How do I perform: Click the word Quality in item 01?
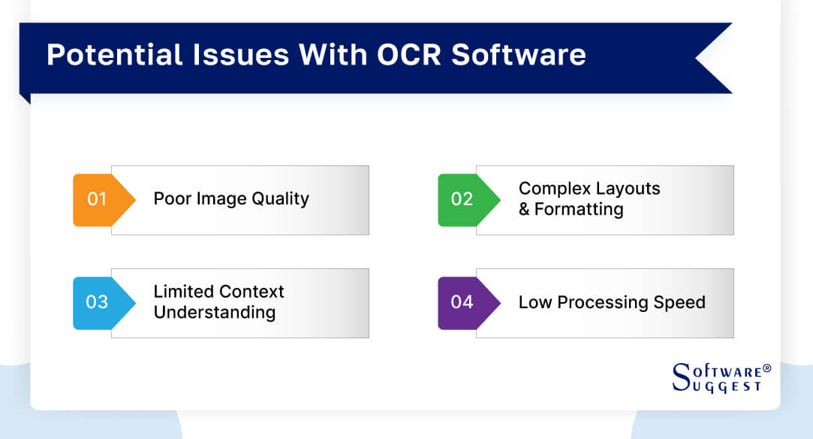pyautogui.click(x=280, y=200)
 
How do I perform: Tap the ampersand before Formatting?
pyautogui.click(x=524, y=209)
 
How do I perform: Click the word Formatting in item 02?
pyautogui.click(x=579, y=210)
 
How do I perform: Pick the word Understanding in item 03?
pyautogui.click(x=214, y=313)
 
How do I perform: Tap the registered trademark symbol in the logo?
pyautogui.click(x=766, y=369)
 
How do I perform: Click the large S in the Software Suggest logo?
pyautogui.click(x=680, y=377)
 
